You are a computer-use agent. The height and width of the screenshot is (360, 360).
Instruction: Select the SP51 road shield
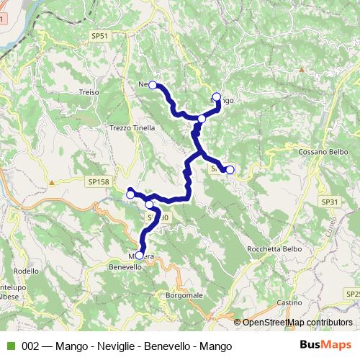pos(100,35)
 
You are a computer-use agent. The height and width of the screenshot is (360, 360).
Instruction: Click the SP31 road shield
pos(330,202)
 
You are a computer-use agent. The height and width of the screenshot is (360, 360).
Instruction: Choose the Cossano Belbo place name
pos(323,153)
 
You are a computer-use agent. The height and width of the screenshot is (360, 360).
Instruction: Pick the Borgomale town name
pos(184,295)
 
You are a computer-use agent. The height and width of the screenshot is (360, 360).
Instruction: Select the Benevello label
pos(125,266)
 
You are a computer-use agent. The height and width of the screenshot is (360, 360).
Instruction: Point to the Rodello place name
pos(26,271)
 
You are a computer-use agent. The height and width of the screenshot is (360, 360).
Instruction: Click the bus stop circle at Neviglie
pos(153,85)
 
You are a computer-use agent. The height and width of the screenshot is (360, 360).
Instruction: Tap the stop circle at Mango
pos(217,95)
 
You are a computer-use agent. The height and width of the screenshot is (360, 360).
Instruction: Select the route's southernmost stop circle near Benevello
pos(140,254)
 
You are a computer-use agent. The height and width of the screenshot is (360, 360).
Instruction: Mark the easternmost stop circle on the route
pos(230,170)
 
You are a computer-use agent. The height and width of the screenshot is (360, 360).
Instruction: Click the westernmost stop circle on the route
pos(130,194)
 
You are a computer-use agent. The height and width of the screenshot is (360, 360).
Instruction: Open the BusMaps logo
pos(325,346)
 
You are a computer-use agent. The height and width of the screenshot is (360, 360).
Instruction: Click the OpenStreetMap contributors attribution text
pos(297,323)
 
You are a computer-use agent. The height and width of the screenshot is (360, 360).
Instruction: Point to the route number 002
pos(30,346)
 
